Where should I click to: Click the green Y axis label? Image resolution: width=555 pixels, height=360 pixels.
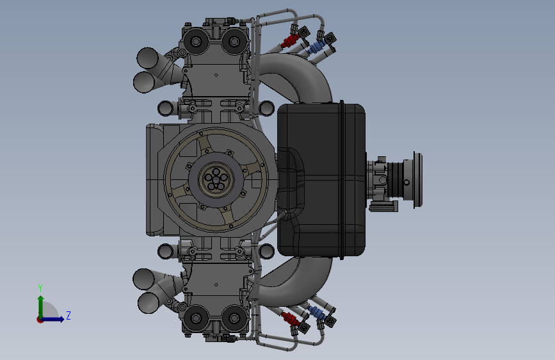pos(40,288)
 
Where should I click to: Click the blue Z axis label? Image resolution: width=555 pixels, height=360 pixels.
pos(68,315)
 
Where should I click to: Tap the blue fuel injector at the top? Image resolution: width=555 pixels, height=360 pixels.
pos(317,47)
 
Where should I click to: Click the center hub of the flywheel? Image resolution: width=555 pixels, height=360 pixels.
pos(216,179)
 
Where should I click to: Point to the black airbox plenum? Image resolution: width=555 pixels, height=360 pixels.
pos(321,180)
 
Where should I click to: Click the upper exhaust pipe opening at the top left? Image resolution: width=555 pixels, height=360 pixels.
pos(147,58)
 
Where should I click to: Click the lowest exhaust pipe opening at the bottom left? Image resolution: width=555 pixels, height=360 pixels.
pos(149,302)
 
